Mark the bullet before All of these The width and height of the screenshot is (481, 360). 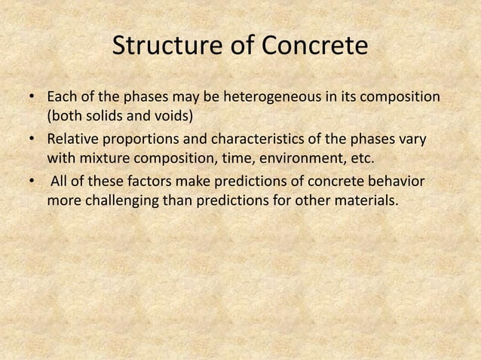[32, 184]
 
